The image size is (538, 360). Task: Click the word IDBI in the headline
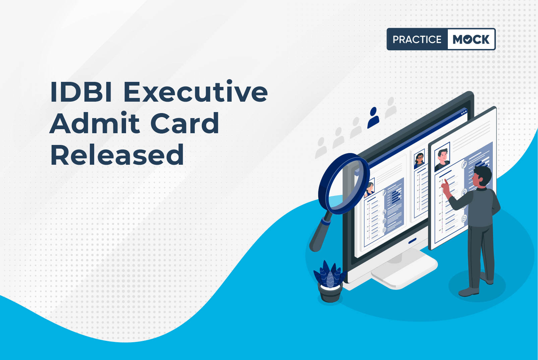pos(81,92)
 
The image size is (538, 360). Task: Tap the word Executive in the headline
pos(195,91)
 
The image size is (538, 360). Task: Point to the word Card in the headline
pos(185,122)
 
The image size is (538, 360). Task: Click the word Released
pos(117,154)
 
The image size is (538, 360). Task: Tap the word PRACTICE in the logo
pos(417,39)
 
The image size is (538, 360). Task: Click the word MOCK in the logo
pos(471,39)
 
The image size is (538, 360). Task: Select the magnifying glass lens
pos(344,184)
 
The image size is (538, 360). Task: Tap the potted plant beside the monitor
pos(330,281)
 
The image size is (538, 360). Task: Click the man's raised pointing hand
pos(446,187)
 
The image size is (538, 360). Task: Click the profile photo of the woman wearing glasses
pos(419,159)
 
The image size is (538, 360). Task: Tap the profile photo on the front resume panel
pos(442,157)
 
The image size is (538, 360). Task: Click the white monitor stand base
pos(405,271)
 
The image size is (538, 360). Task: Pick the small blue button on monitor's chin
pos(412,240)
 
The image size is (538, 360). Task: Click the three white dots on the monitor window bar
pos(464,112)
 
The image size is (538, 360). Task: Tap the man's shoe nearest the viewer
pos(469,292)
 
